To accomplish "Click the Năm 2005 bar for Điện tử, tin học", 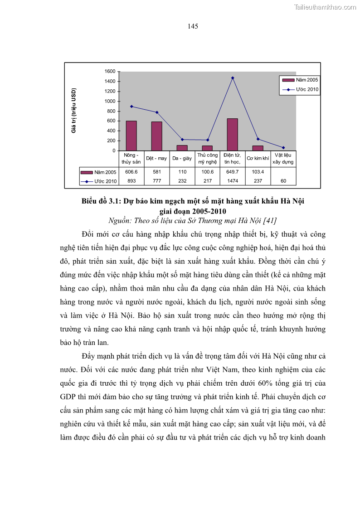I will click(232, 135).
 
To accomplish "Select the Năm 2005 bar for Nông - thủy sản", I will click(131, 136).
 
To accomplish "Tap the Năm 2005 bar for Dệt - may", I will click(156, 136).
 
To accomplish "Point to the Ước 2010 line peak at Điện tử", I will click(233, 78).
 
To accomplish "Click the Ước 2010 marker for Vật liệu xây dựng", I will click(283, 147).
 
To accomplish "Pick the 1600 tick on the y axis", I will click(109, 72).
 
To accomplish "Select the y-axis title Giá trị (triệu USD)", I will click(74, 111).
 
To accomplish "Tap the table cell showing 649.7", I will click(232, 172).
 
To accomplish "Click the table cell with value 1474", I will click(232, 181).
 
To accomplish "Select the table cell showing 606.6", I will click(131, 172).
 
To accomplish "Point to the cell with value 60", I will click(283, 181).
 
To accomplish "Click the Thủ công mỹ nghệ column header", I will click(207, 158).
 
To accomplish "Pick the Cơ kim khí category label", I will click(258, 159).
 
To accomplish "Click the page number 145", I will click(193, 26).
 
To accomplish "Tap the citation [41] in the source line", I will click(269, 221).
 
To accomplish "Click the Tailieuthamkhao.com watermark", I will click(325, 7).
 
